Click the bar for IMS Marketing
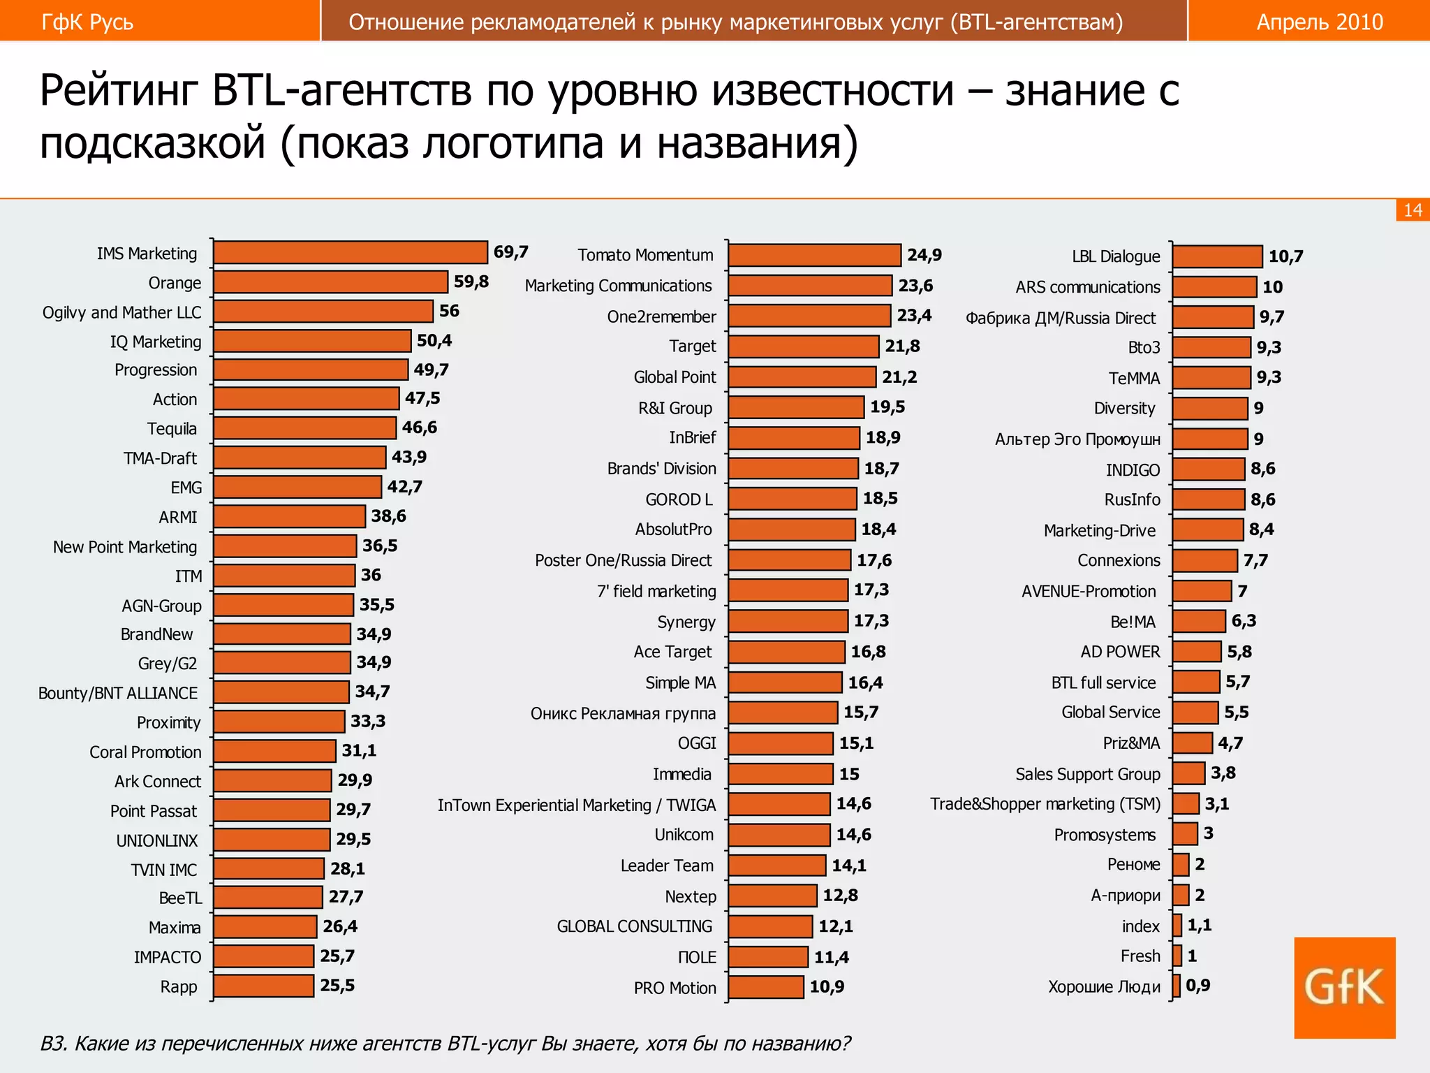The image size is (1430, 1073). (x=351, y=252)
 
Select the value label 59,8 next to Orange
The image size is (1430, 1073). (x=471, y=282)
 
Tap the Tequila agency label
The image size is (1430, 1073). (x=172, y=428)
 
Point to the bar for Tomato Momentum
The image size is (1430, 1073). (x=814, y=255)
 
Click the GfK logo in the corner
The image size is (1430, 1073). (x=1344, y=987)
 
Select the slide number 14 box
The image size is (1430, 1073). (x=1412, y=210)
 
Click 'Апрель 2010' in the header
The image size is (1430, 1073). (x=1319, y=22)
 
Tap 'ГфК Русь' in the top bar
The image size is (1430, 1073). (x=87, y=22)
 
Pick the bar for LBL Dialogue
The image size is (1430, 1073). (x=1217, y=256)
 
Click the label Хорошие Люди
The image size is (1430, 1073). (x=1104, y=986)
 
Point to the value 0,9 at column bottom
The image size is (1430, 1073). (x=1198, y=985)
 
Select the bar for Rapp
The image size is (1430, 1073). (x=263, y=986)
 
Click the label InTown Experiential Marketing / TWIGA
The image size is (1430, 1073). (x=577, y=805)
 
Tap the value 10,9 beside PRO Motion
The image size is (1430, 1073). (x=827, y=986)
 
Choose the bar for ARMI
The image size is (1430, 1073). (x=289, y=516)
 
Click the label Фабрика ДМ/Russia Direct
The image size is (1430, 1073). (x=1061, y=318)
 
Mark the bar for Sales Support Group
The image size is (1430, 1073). (x=1188, y=773)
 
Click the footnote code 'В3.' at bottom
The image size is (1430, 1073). (x=54, y=1043)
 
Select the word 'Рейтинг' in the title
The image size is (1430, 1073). (x=120, y=91)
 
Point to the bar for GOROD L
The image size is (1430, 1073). (x=792, y=499)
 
